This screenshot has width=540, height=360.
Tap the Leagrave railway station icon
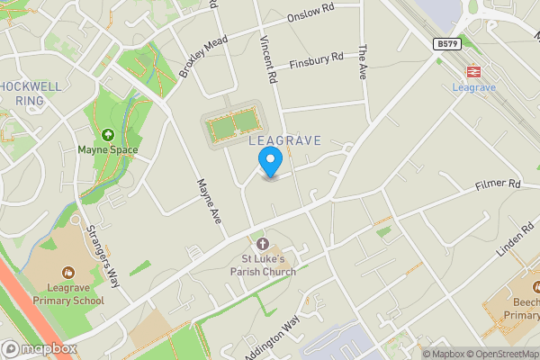[472, 71]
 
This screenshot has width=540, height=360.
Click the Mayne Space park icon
[108, 135]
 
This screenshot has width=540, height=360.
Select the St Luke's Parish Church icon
[262, 245]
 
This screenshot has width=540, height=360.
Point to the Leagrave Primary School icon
[68, 272]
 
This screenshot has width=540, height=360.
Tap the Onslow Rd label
[310, 12]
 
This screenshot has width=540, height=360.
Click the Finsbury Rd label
[317, 60]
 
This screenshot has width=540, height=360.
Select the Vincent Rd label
[267, 55]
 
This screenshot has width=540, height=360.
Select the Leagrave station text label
[472, 88]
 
